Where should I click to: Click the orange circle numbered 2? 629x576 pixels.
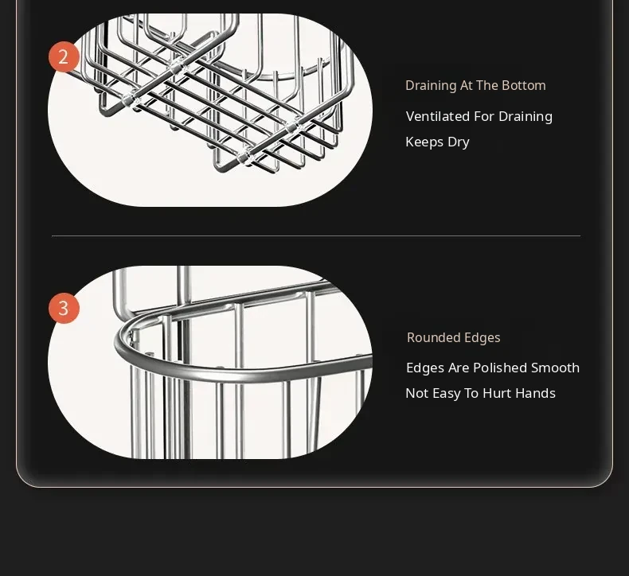(64, 57)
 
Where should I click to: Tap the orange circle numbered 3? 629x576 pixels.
(64, 308)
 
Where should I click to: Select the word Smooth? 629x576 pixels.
(555, 368)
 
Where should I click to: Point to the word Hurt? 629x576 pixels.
(498, 393)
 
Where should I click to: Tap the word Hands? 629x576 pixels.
(536, 393)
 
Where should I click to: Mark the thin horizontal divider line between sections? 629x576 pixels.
(316, 236)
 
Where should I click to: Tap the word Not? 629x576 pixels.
(417, 393)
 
